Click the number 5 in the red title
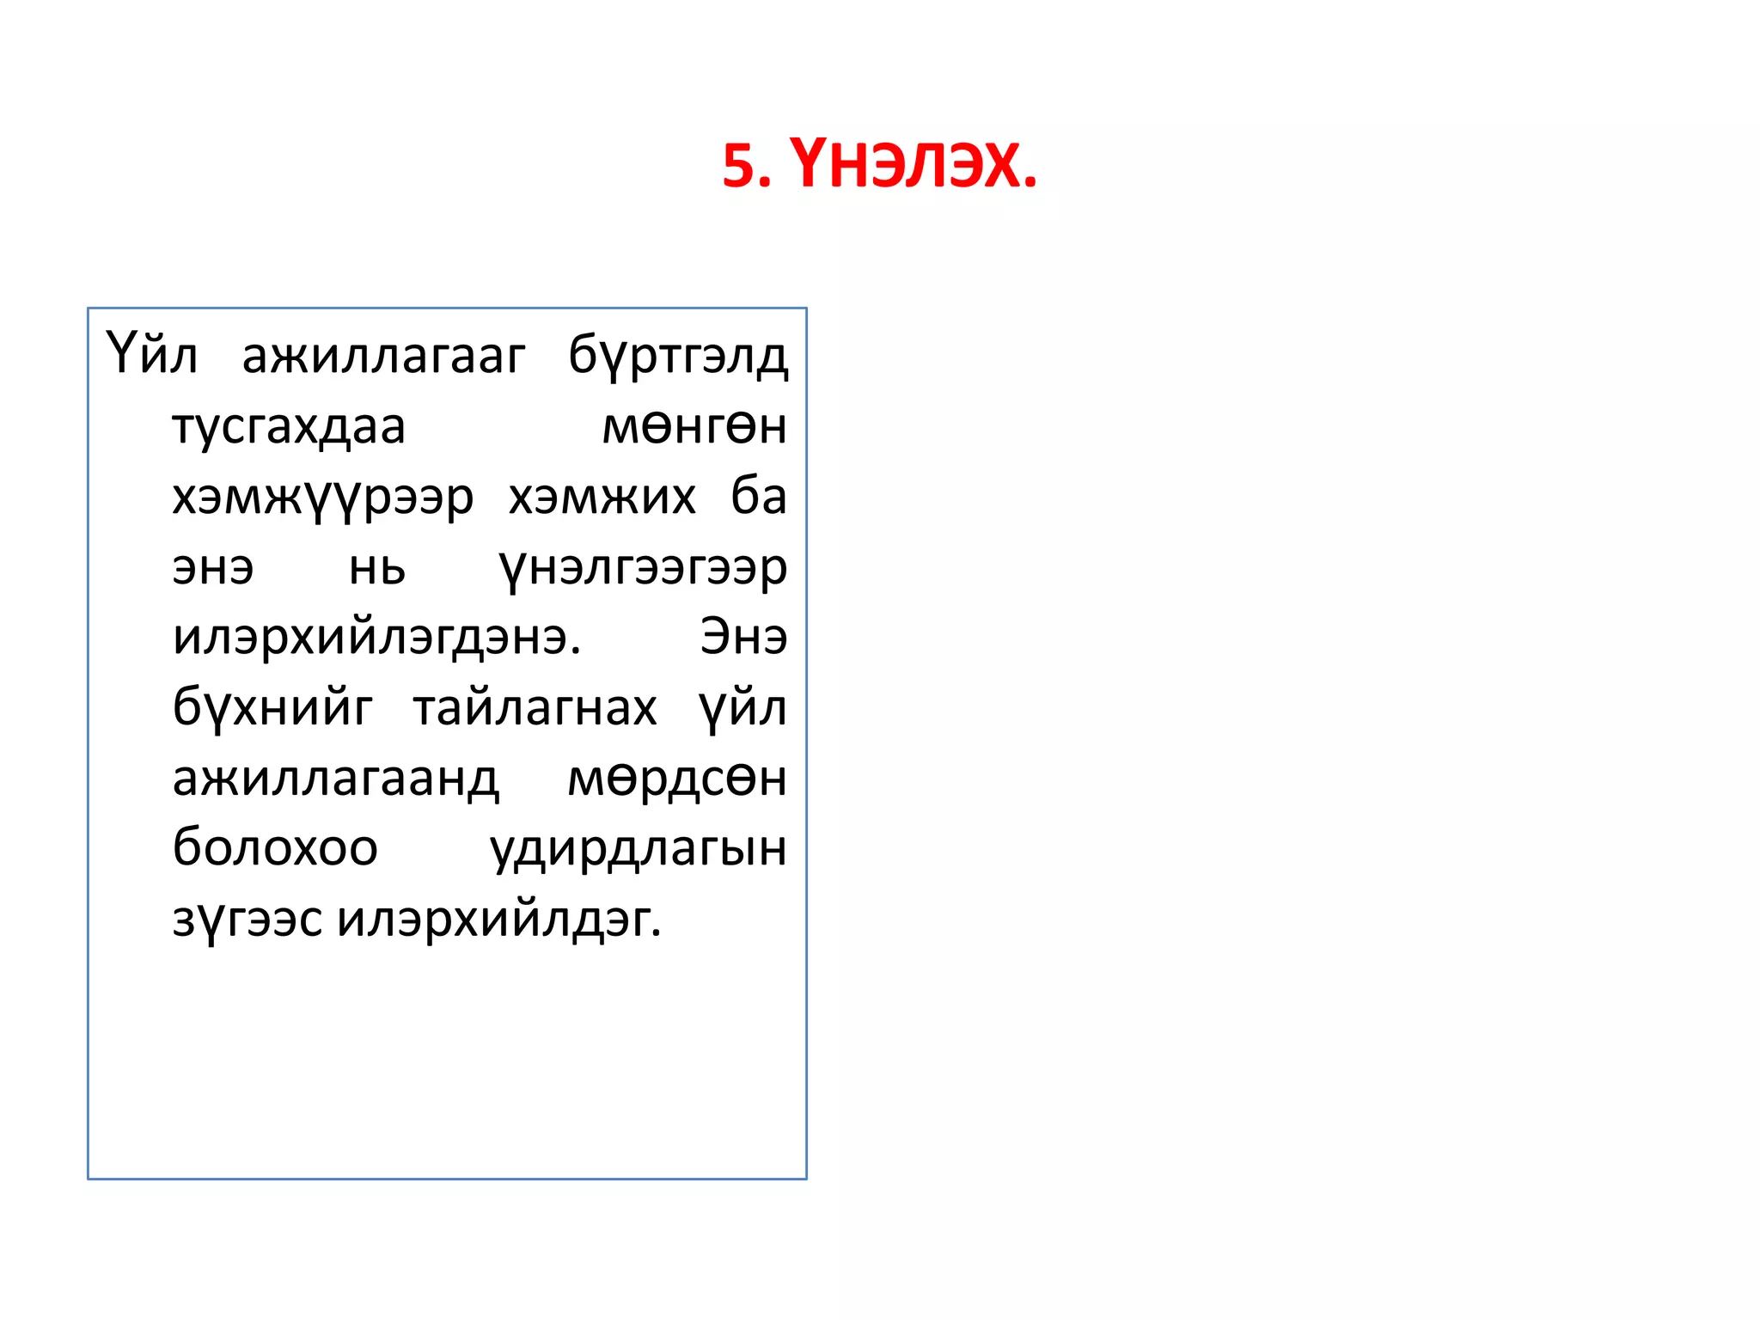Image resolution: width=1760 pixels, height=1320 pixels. (x=739, y=165)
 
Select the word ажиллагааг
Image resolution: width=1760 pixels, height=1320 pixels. (x=383, y=355)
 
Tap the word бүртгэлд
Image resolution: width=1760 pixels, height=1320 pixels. (x=678, y=355)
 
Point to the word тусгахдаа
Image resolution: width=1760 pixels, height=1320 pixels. (x=289, y=426)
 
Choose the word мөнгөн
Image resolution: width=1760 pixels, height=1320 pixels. (x=694, y=426)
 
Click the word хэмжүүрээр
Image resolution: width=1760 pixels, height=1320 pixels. (x=323, y=497)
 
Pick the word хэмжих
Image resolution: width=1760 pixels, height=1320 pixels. (x=602, y=497)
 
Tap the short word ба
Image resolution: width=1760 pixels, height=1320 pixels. (x=759, y=497)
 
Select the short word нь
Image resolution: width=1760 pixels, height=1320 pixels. (x=377, y=568)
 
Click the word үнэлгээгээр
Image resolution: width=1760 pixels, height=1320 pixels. (x=643, y=568)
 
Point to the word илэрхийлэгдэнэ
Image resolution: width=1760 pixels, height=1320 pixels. (x=377, y=639)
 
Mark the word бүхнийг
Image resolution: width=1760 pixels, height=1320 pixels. (x=272, y=709)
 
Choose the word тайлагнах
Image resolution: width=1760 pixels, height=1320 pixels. (x=535, y=709)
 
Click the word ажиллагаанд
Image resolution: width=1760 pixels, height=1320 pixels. (x=336, y=779)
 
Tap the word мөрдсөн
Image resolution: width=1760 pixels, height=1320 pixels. (x=677, y=779)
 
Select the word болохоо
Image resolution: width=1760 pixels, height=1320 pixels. (x=275, y=849)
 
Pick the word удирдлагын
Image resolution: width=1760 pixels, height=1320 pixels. (x=639, y=849)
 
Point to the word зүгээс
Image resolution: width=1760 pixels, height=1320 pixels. (x=247, y=920)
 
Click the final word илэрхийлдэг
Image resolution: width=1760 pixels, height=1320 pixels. (x=499, y=920)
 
